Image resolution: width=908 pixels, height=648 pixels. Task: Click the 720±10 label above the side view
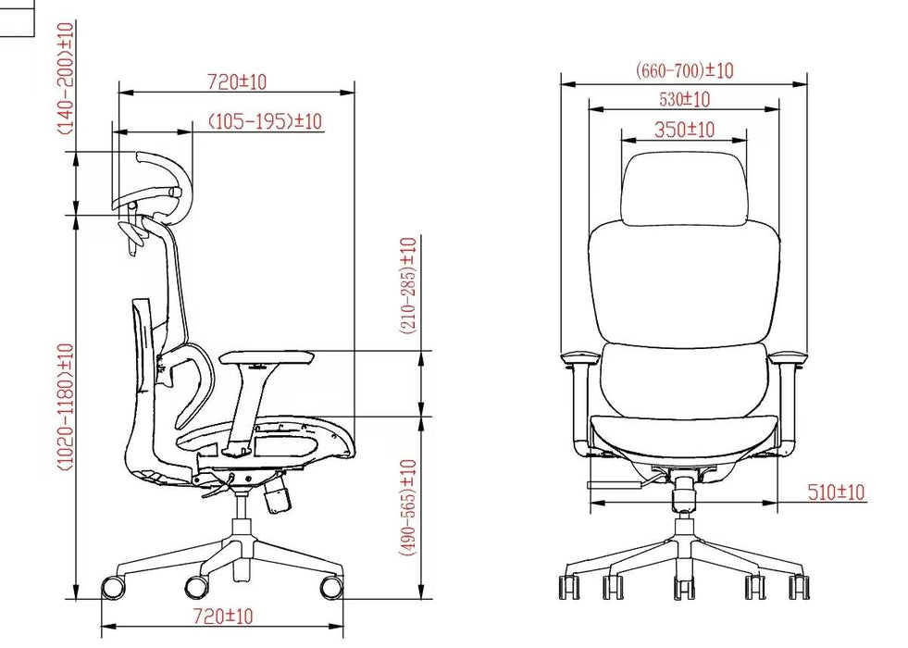click(x=238, y=81)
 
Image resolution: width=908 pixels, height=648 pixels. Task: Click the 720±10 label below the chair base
click(x=223, y=616)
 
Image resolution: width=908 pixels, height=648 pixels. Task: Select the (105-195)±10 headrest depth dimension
click(x=265, y=121)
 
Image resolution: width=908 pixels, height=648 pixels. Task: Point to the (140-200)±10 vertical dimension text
click(x=66, y=78)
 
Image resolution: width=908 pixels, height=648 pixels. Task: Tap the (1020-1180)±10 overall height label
click(x=66, y=406)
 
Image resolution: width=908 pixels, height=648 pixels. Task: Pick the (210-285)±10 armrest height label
click(x=408, y=285)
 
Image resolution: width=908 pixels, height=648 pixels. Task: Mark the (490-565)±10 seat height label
click(x=408, y=508)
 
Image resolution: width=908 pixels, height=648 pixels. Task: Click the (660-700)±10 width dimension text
click(x=685, y=70)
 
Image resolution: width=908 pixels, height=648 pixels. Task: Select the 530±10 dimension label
click(x=685, y=100)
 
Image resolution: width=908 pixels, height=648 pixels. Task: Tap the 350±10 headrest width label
click(x=685, y=129)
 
